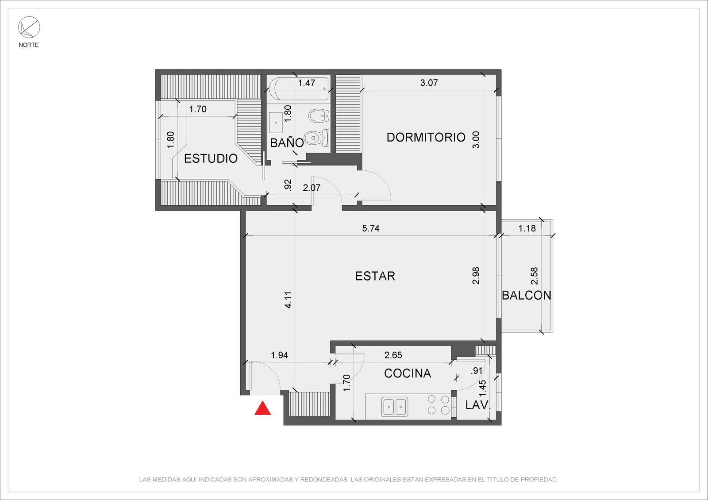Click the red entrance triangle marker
[263, 408]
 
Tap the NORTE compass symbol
[29, 27]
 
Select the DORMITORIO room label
[426, 138]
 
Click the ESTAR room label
[375, 276]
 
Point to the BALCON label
[526, 296]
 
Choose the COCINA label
[408, 373]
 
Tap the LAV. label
[477, 405]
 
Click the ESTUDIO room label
[211, 159]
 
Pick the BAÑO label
[287, 142]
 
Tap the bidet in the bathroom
[319, 116]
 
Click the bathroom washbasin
[276, 122]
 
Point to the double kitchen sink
[395, 407]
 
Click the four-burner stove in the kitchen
[438, 405]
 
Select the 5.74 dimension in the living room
[370, 228]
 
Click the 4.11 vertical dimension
[288, 300]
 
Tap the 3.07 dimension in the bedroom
[429, 83]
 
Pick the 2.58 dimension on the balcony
[534, 276]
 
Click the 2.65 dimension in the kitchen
[393, 355]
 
